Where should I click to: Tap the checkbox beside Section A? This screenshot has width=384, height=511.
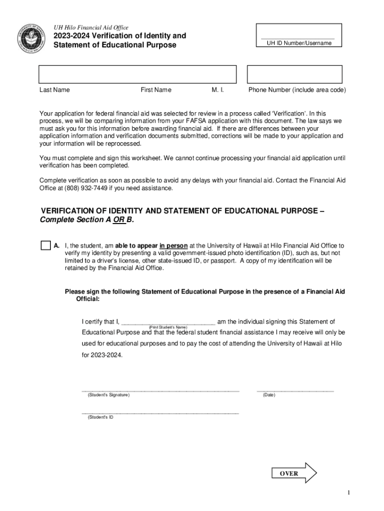pyautogui.click(x=45, y=246)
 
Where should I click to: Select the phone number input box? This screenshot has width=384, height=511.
pyautogui.click(x=295, y=74)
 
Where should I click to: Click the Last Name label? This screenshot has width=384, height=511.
pyautogui.click(x=55, y=90)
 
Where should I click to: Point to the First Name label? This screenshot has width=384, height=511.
pyautogui.click(x=156, y=90)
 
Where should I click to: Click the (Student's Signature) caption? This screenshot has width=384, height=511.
pyautogui.click(x=108, y=395)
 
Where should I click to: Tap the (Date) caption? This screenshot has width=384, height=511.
pyautogui.click(x=269, y=395)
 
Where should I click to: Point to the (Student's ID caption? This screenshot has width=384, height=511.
pyautogui.click(x=100, y=417)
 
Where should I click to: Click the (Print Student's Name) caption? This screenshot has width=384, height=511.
pyautogui.click(x=168, y=327)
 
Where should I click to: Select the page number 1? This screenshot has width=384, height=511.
pyautogui.click(x=350, y=493)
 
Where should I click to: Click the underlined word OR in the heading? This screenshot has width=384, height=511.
pyautogui.click(x=119, y=220)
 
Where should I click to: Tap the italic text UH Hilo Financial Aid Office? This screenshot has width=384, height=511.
pyautogui.click(x=91, y=27)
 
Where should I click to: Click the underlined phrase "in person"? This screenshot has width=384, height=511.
pyautogui.click(x=174, y=246)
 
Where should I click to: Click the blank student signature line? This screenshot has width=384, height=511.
pyautogui.click(x=160, y=389)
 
